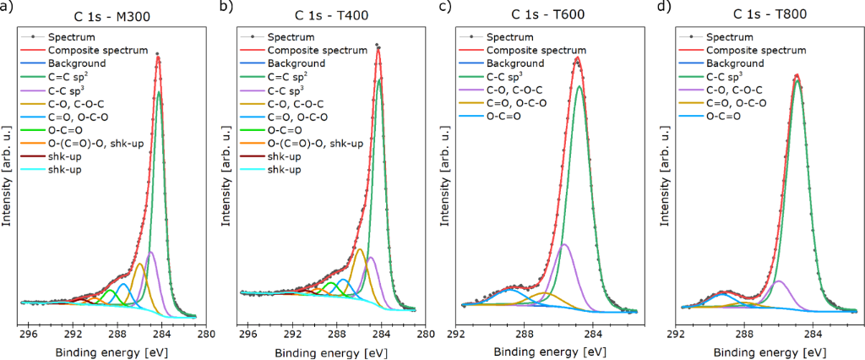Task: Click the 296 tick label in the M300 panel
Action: (x=29, y=333)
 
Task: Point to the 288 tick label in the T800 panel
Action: (x=744, y=333)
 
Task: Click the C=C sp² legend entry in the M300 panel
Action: (x=72, y=77)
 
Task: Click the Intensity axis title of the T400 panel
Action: (x=225, y=177)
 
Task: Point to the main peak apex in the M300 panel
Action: (x=158, y=57)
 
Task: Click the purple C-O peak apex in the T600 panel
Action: (x=563, y=244)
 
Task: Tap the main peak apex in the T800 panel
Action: (x=797, y=75)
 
